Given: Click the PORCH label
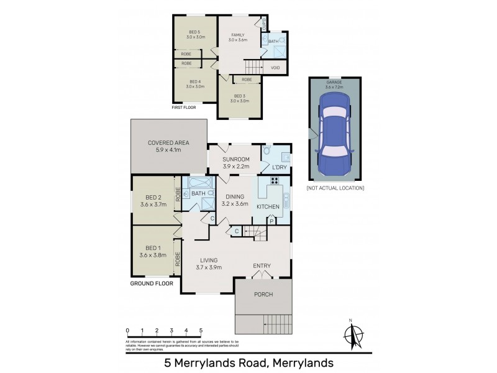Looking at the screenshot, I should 263,294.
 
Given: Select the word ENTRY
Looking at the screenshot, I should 262,266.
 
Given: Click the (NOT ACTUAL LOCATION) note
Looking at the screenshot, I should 335,188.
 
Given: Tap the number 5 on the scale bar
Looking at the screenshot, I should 201,330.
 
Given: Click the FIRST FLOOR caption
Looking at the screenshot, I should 187,108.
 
